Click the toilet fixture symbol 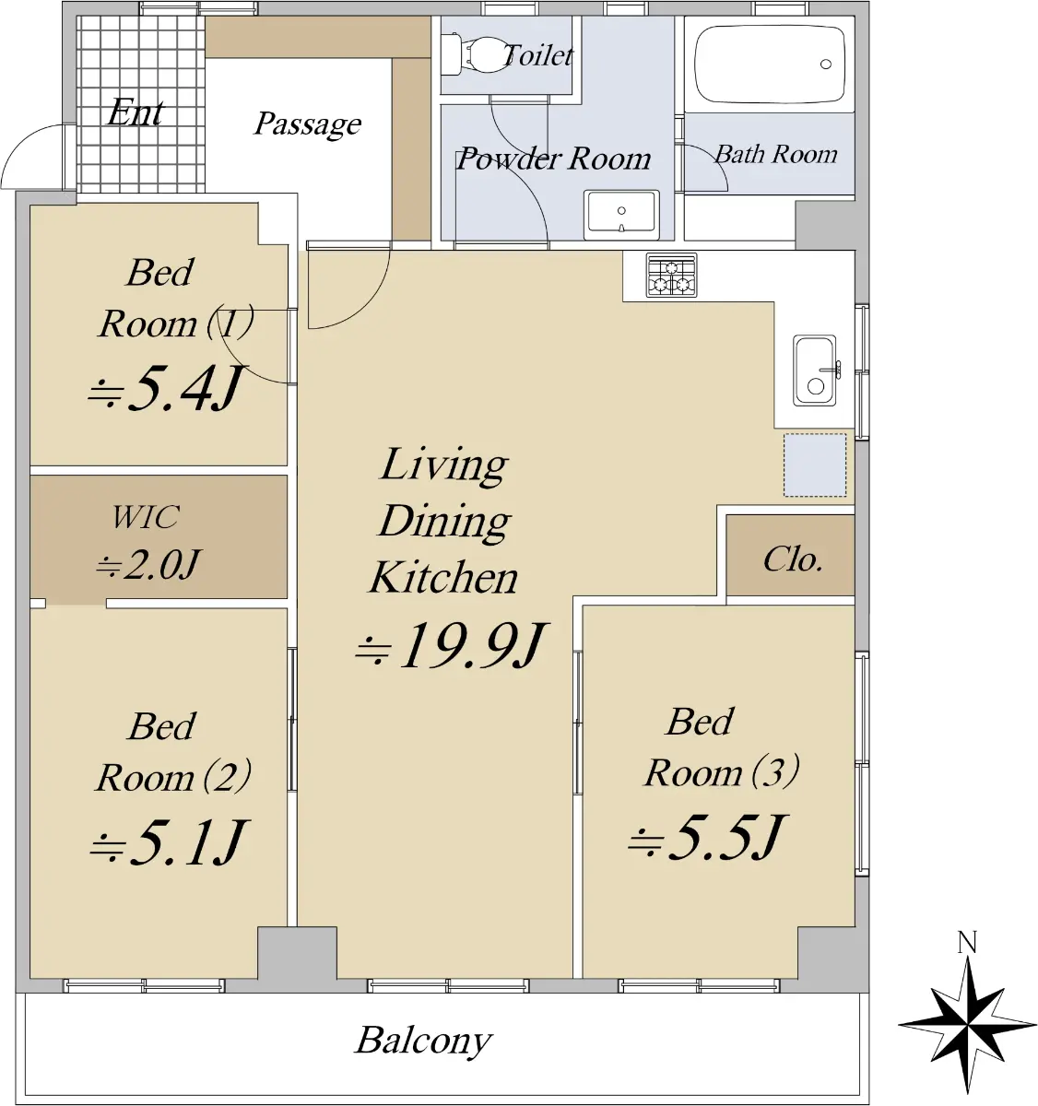(474, 55)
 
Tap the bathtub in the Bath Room (769, 65)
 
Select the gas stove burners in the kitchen (671, 275)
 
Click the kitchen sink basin (815, 371)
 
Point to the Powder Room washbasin (621, 215)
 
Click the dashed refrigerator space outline (815, 465)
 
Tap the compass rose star (967, 1024)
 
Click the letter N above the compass (967, 943)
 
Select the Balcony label (423, 1041)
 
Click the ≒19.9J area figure (452, 645)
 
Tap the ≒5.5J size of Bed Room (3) (708, 837)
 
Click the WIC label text (146, 517)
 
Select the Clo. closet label (792, 559)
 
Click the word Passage (308, 124)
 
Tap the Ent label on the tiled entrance (136, 112)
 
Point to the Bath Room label (776, 154)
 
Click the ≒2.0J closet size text (147, 565)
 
